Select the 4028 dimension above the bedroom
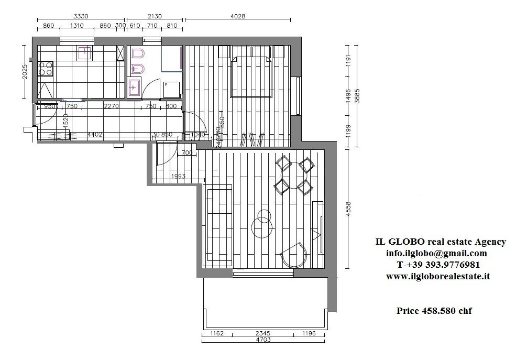[x=237, y=16]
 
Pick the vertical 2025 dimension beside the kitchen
[x=25, y=72]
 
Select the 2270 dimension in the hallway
[x=111, y=106]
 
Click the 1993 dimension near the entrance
[x=178, y=177]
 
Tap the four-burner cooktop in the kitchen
[x=45, y=69]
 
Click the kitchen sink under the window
[x=84, y=52]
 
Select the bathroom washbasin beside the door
[x=134, y=87]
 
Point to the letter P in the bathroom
[x=166, y=84]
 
